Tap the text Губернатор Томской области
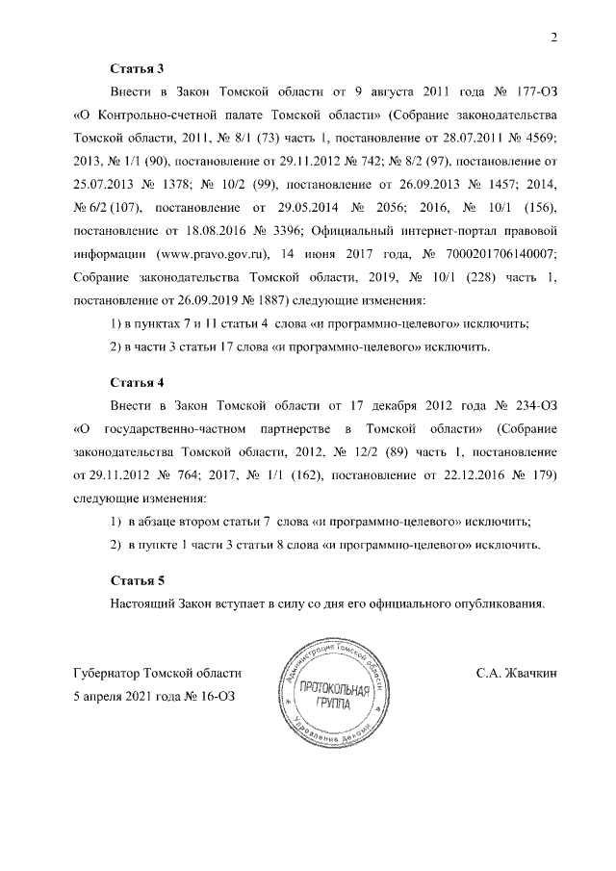tap(157, 674)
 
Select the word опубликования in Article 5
tap(497, 603)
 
